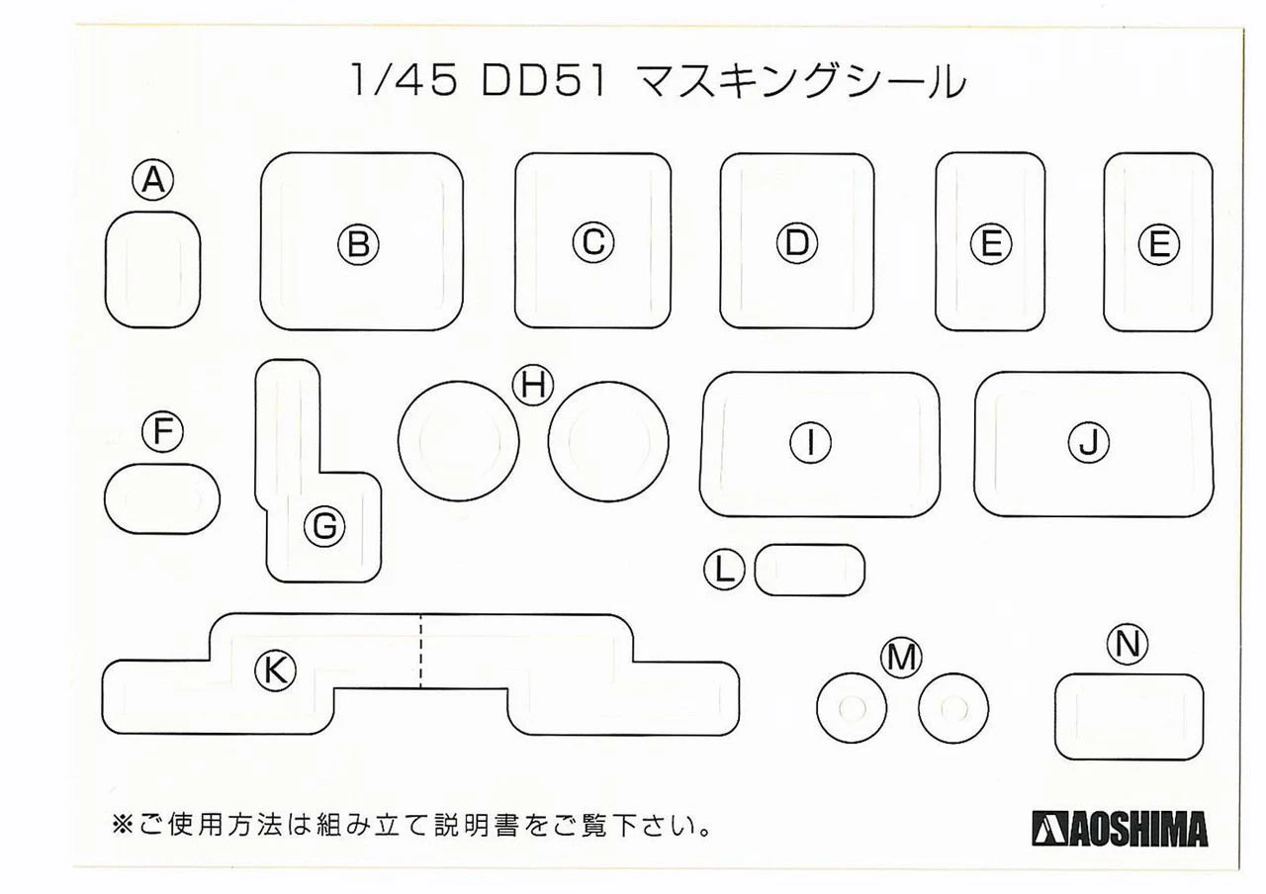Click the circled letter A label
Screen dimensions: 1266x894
(153, 180)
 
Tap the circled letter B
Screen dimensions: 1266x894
(358, 244)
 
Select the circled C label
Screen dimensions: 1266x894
(592, 242)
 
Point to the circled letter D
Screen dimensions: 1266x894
(797, 243)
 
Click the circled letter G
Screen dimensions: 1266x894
(324, 527)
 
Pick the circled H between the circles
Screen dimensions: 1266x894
(533, 386)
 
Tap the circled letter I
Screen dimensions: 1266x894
(810, 442)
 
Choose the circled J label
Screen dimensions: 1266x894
(1089, 442)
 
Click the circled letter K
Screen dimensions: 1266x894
(275, 670)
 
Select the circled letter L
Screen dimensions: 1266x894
(724, 570)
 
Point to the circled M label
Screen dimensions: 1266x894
(901, 659)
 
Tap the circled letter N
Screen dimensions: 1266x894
(1128, 644)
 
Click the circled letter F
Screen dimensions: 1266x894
(163, 432)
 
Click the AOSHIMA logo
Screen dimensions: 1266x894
(1120, 829)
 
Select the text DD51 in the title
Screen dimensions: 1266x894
(544, 81)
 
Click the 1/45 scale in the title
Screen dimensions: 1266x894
(404, 81)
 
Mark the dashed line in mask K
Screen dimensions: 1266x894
(420, 651)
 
